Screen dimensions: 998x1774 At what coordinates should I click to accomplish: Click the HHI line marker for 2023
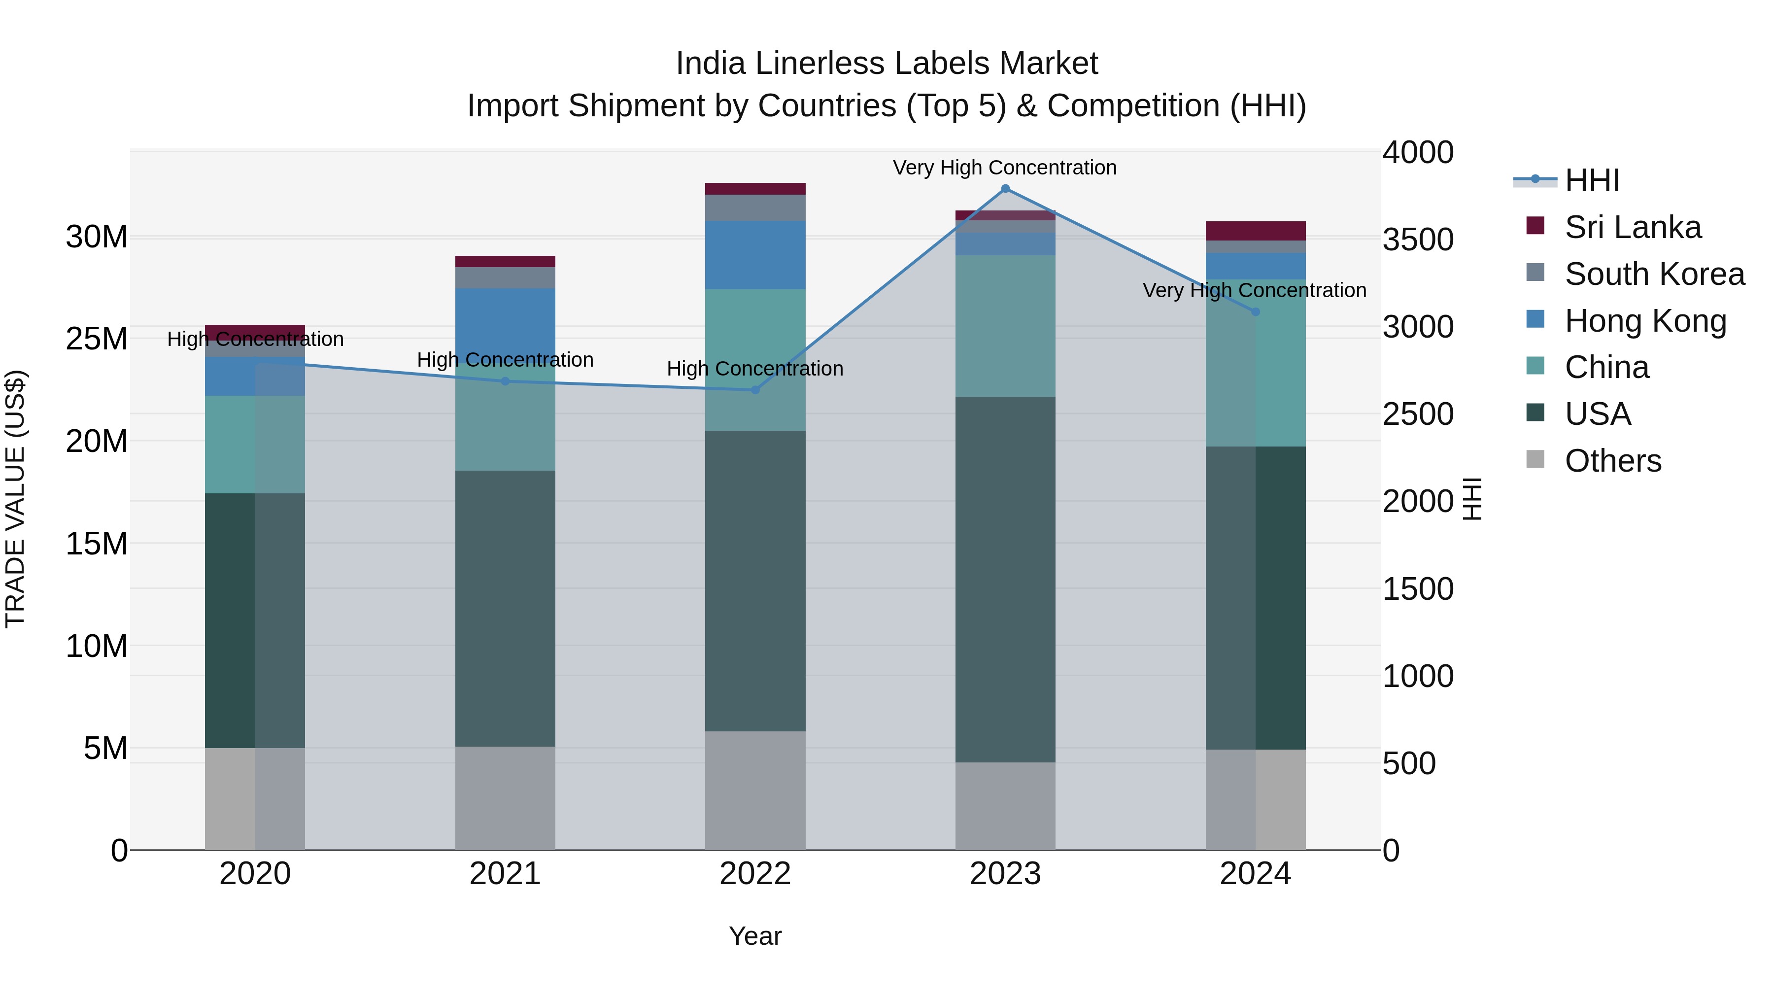click(1005, 189)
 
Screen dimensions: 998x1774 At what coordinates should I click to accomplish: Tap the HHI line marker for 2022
click(755, 390)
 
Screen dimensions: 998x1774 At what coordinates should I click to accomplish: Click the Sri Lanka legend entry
click(1632, 227)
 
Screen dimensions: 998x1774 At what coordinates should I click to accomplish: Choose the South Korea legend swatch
click(1535, 273)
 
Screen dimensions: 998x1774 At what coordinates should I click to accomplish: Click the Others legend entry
click(1612, 461)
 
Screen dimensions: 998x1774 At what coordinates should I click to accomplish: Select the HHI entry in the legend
click(1592, 180)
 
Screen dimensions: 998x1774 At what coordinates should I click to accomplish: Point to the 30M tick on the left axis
click(97, 237)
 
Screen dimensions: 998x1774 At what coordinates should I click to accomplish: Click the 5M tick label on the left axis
click(105, 748)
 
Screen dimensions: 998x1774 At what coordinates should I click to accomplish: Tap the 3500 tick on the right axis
click(1418, 240)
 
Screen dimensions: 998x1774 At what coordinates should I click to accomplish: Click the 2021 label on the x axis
click(505, 874)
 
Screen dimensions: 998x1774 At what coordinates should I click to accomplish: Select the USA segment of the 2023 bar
click(1005, 579)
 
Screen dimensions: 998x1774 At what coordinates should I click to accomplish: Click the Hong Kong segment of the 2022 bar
click(755, 255)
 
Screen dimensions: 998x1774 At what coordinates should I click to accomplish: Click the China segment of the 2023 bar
click(1005, 326)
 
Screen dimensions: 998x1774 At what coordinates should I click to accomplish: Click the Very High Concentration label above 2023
click(1005, 168)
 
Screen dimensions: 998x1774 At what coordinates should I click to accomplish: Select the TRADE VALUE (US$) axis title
click(15, 499)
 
